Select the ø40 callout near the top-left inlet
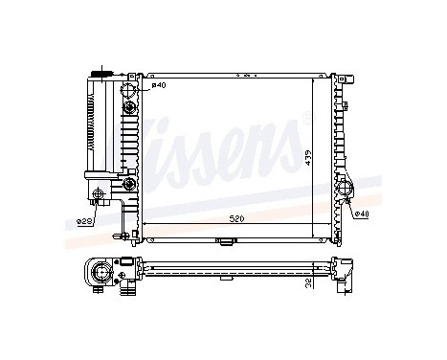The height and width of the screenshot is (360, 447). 159,87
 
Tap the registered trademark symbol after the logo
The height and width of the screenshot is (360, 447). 304,118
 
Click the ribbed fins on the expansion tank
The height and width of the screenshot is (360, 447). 92,124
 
